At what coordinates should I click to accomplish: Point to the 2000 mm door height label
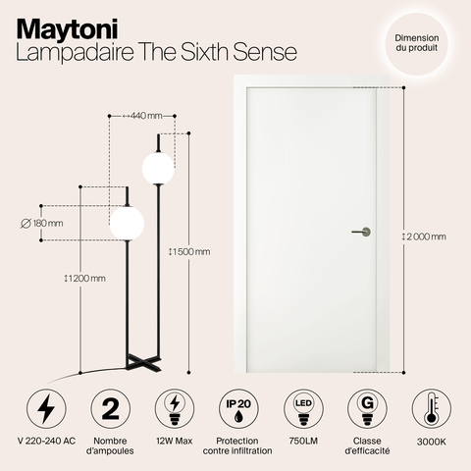425,236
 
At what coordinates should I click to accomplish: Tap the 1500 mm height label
189,251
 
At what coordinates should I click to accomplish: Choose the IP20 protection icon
235,407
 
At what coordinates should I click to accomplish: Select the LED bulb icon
299,407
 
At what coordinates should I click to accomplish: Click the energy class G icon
363,407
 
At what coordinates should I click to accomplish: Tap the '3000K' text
426,443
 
